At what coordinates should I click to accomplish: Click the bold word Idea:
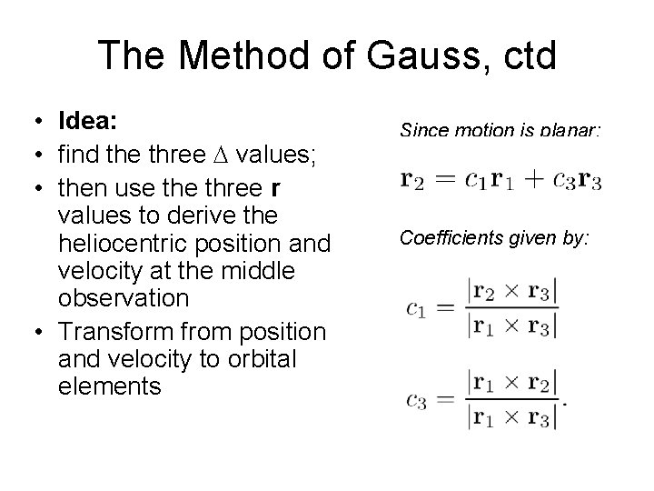90,121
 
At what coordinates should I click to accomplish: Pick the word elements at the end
109,386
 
